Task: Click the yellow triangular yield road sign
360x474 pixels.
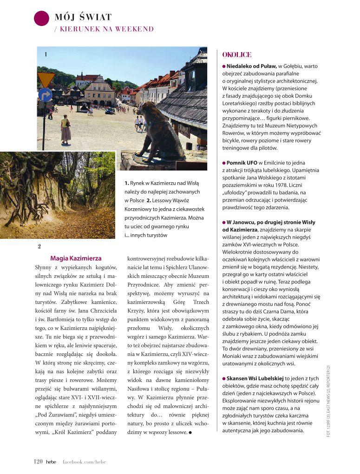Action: tap(46, 79)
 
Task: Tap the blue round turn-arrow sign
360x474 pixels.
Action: tap(46, 95)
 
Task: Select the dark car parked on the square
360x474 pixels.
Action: tap(110, 111)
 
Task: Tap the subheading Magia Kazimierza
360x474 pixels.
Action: tap(76, 258)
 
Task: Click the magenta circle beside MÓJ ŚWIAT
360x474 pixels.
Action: tap(42, 18)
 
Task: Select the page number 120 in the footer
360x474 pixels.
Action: tap(38, 461)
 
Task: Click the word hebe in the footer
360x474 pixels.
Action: tap(51, 461)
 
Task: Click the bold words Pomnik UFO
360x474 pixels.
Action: tap(242, 163)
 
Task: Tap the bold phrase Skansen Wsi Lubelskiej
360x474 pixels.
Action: tap(255, 378)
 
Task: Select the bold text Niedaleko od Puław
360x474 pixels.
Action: tap(251, 66)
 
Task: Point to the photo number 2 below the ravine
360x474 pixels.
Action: tap(39, 246)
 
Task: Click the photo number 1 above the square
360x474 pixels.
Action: tap(46, 54)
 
